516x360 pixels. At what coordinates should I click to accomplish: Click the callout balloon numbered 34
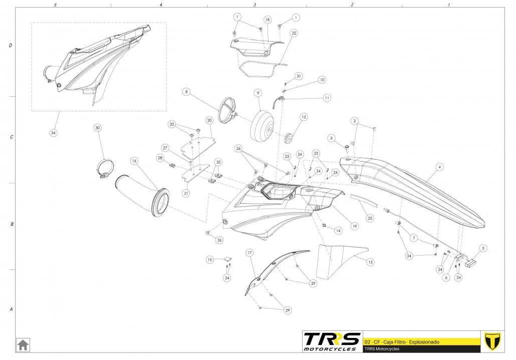tap(53, 133)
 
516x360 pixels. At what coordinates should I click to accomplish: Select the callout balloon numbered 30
tap(98, 128)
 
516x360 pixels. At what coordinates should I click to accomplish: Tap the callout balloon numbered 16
tap(134, 161)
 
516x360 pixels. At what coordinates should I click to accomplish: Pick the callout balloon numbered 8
tap(186, 92)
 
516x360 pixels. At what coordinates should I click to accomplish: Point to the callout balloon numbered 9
tap(257, 93)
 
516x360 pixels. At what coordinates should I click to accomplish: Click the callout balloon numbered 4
tap(439, 167)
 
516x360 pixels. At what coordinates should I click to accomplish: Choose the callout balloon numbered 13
tap(370, 262)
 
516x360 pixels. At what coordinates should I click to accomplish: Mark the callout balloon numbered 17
tap(249, 253)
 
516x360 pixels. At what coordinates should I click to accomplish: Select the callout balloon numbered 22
tap(294, 33)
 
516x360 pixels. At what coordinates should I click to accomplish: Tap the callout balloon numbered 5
tap(483, 248)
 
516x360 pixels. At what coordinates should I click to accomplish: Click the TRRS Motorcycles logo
tap(332, 341)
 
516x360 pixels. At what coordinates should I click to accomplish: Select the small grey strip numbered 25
tap(363, 200)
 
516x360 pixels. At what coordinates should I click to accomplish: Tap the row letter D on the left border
tap(11, 46)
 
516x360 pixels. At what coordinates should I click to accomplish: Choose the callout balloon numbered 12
tap(304, 117)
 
